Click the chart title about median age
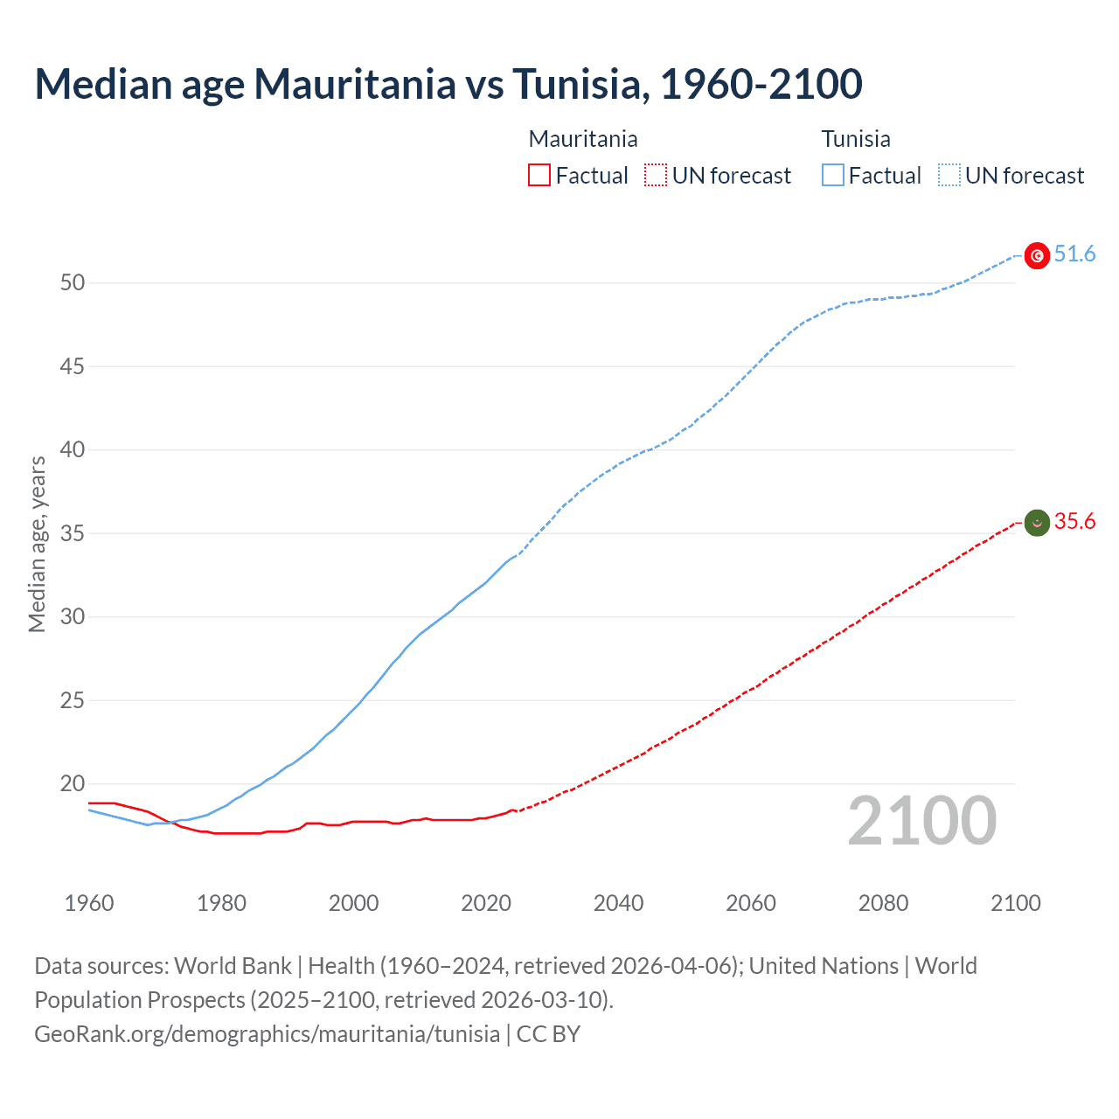[448, 84]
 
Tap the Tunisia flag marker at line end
[1037, 255]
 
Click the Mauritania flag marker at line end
[1037, 523]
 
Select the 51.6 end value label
[1074, 254]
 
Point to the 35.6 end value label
[1074, 522]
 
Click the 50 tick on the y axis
[73, 282]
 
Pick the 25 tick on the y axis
[73, 700]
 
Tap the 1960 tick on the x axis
[89, 903]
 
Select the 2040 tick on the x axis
[618, 903]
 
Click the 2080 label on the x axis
[883, 903]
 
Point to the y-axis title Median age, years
[37, 544]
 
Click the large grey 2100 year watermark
[921, 820]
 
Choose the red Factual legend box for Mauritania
[539, 176]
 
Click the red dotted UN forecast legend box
[656, 176]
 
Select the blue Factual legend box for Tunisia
[833, 176]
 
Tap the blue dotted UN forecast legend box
[949, 176]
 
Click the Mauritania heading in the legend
[583, 139]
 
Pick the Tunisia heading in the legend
[856, 139]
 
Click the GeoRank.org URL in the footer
[267, 1033]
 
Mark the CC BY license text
[548, 1033]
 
